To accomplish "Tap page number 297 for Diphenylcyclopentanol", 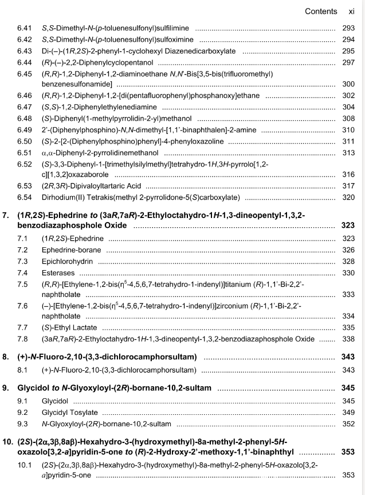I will (348, 62).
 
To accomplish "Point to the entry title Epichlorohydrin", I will (71, 261).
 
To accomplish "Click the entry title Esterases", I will (60, 272).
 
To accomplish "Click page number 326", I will (348, 250).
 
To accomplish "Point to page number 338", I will (348, 339).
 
